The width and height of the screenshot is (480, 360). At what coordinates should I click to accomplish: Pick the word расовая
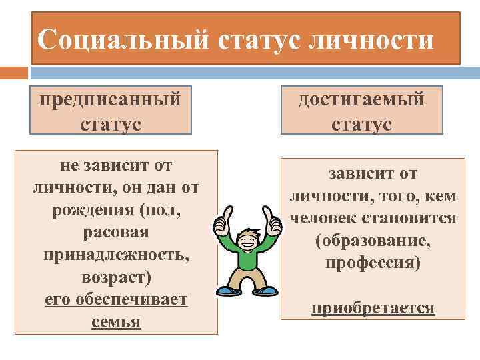pos(117,233)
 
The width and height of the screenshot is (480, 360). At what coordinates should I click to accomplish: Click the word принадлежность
pos(116,255)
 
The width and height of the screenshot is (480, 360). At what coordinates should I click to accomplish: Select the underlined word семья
pos(117,322)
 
